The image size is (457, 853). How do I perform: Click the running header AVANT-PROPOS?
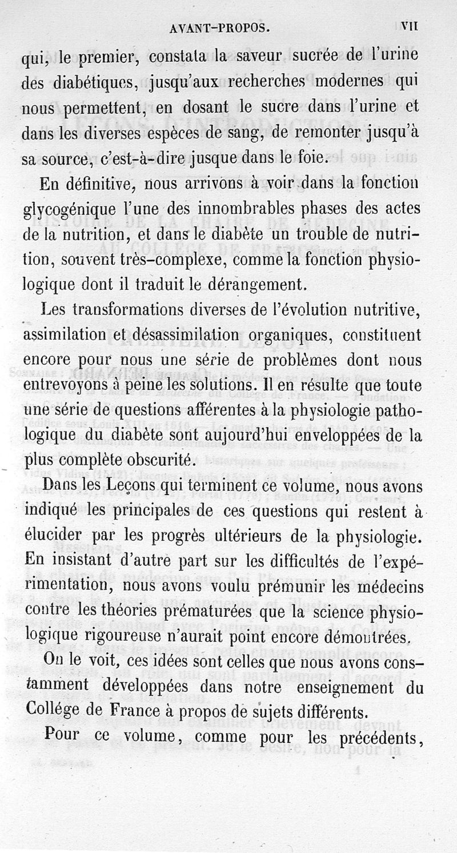(x=220, y=27)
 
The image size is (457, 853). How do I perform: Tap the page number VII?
(x=411, y=26)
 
